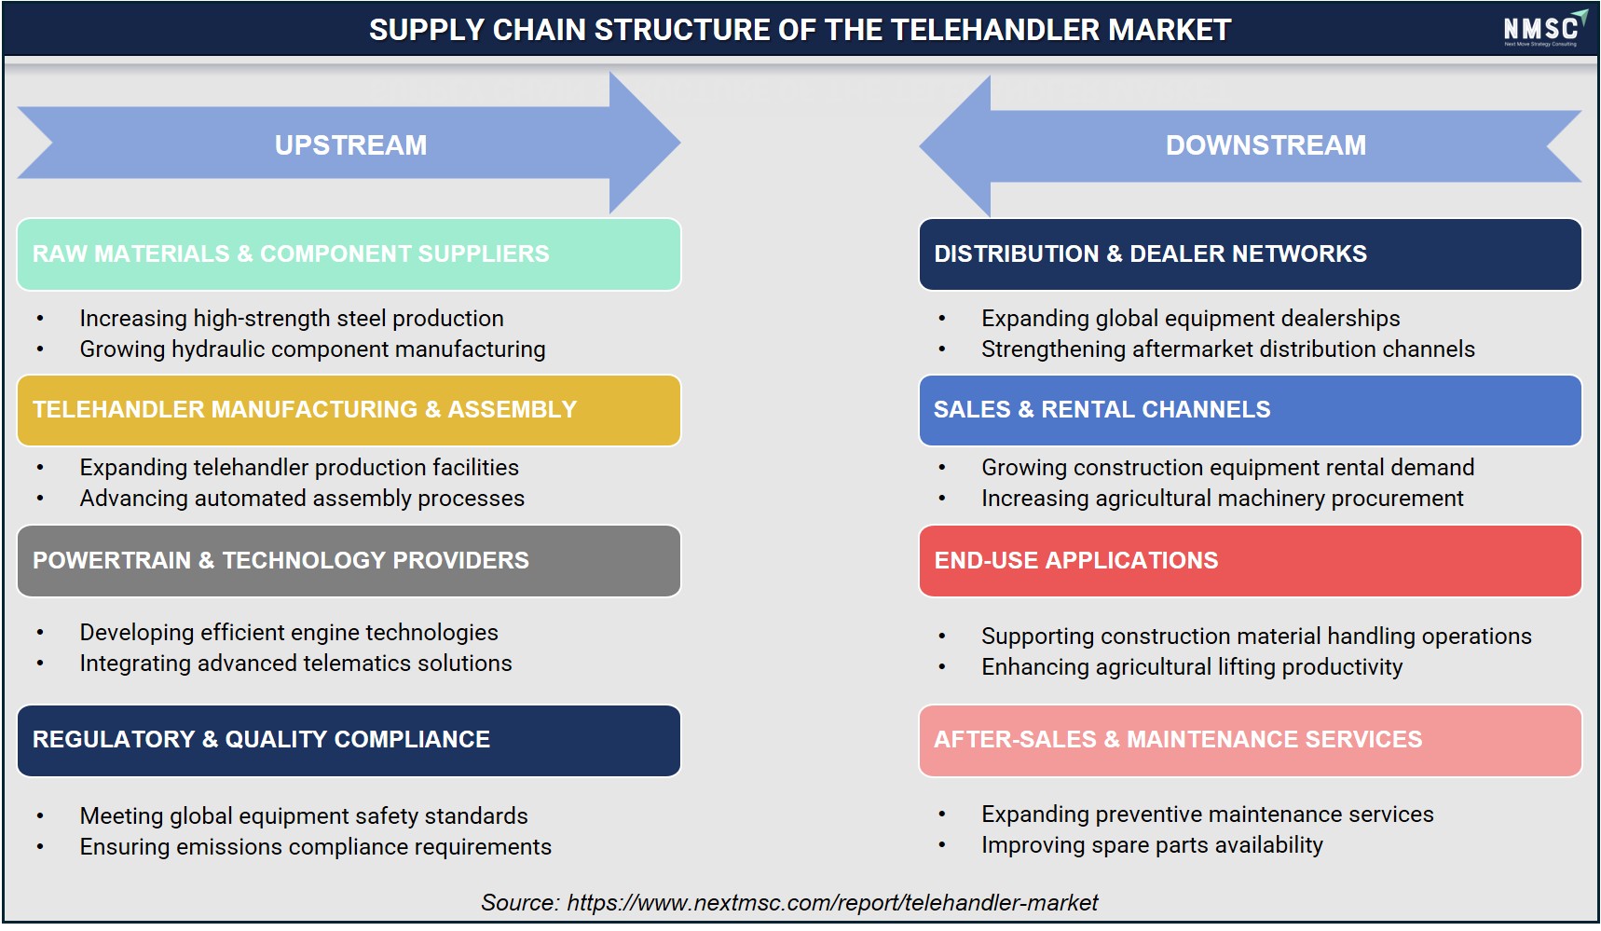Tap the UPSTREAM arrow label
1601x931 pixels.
pos(350,145)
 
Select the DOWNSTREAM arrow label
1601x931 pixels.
pos(1266,145)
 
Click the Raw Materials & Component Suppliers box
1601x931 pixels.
pos(349,254)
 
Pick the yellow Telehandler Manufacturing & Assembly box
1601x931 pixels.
pos(349,410)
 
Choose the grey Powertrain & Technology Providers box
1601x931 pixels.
pos(349,561)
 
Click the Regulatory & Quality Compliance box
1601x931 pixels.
pos(349,741)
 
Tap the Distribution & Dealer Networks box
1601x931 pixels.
pos(1250,254)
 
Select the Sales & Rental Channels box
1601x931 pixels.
pos(1250,410)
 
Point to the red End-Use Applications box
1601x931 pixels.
pos(1250,561)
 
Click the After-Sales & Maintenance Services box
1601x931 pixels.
pos(1250,741)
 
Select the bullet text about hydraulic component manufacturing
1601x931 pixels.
pos(312,349)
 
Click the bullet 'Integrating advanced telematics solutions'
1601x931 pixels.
pos(295,664)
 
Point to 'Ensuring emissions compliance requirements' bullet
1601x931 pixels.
pos(315,847)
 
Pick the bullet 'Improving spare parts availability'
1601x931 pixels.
pos(1152,845)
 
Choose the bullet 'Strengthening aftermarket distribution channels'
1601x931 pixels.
pos(1228,349)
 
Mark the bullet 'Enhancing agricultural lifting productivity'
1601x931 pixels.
pos(1192,667)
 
